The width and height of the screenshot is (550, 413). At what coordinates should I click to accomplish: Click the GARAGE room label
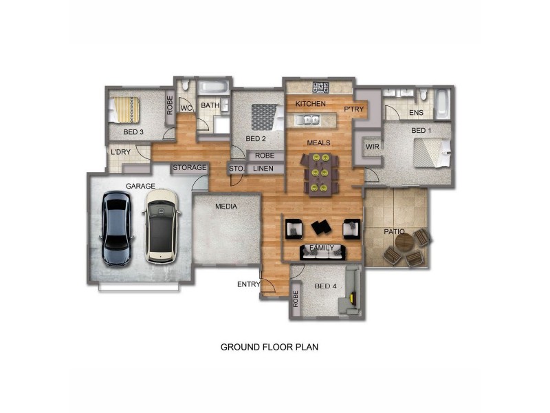click(x=140, y=187)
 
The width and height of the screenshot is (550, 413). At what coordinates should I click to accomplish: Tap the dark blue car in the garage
click(x=116, y=229)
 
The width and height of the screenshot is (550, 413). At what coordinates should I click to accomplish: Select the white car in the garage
click(x=162, y=226)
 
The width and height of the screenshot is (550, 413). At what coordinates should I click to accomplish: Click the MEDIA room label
click(x=226, y=206)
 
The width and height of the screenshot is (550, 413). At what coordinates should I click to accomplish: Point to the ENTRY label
click(x=248, y=284)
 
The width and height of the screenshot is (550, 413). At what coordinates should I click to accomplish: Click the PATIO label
click(x=394, y=232)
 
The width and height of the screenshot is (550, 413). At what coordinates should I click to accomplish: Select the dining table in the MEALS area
click(x=320, y=174)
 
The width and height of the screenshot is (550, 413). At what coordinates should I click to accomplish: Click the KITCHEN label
click(x=311, y=104)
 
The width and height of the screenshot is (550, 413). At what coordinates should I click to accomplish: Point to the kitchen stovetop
click(x=320, y=87)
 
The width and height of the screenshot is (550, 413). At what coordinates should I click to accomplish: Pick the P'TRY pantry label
click(x=353, y=109)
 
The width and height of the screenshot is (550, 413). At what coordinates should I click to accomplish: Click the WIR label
click(x=373, y=147)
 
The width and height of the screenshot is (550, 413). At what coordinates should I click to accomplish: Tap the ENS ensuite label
click(x=416, y=113)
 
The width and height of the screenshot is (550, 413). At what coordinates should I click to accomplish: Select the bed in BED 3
click(x=126, y=109)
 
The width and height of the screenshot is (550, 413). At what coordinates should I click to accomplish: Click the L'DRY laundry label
click(x=120, y=153)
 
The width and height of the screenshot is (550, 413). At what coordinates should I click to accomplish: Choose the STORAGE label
click(x=190, y=168)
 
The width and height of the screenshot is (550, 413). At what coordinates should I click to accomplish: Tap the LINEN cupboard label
click(x=263, y=168)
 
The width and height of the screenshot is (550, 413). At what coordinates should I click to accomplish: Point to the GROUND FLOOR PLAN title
click(x=269, y=347)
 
